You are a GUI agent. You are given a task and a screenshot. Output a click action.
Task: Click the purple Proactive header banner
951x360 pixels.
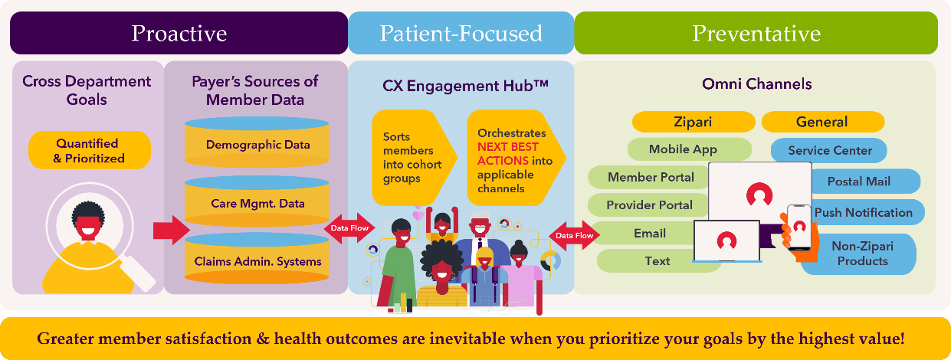179,33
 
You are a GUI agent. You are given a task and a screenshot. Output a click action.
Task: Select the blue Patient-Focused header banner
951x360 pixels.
461,33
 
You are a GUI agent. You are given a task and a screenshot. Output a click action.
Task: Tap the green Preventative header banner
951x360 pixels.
756,33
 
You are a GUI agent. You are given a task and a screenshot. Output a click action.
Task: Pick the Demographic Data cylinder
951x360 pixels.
257,145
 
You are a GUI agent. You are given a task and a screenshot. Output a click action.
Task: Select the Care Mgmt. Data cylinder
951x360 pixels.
257,203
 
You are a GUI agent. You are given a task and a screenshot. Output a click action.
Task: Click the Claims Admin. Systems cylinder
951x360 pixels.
257,262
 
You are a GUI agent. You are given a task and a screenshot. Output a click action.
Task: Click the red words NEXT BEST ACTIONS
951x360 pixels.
508,153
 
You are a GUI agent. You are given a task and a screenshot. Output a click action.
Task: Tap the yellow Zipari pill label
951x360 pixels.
691,122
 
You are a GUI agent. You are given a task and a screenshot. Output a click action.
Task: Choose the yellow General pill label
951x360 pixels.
821,122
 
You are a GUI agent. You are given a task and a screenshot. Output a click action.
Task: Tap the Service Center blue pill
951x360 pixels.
830,150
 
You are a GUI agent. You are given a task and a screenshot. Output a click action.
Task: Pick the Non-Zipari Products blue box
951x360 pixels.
862,254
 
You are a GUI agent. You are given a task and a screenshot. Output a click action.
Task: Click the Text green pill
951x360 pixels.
657,260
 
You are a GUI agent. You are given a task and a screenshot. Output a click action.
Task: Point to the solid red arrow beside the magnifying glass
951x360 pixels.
170,230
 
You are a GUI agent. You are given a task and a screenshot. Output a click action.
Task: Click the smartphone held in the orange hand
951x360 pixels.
799,227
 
